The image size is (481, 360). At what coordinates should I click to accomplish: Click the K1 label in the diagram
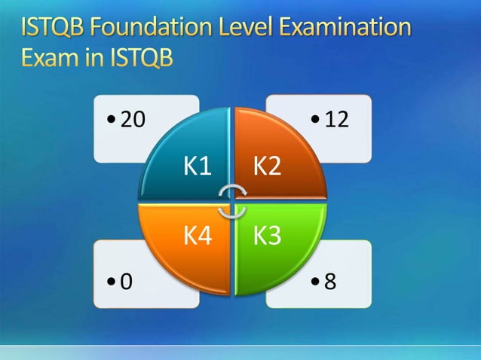click(x=198, y=166)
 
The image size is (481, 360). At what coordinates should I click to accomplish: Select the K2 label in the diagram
click(x=268, y=166)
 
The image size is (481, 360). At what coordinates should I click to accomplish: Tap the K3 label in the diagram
click(x=267, y=236)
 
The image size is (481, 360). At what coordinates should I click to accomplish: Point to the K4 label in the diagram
click(x=198, y=236)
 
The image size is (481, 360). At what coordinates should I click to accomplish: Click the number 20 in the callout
click(x=133, y=120)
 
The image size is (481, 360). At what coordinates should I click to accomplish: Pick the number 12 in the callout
click(x=336, y=120)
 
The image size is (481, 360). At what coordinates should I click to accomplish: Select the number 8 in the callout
click(x=330, y=282)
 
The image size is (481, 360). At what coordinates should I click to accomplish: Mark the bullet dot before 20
click(x=112, y=121)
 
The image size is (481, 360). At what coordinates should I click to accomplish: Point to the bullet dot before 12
click(x=315, y=121)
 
